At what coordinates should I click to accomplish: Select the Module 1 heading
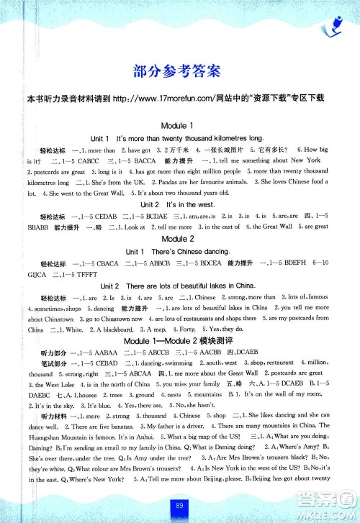pos(179,126)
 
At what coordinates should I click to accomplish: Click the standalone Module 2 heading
pos(179,237)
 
